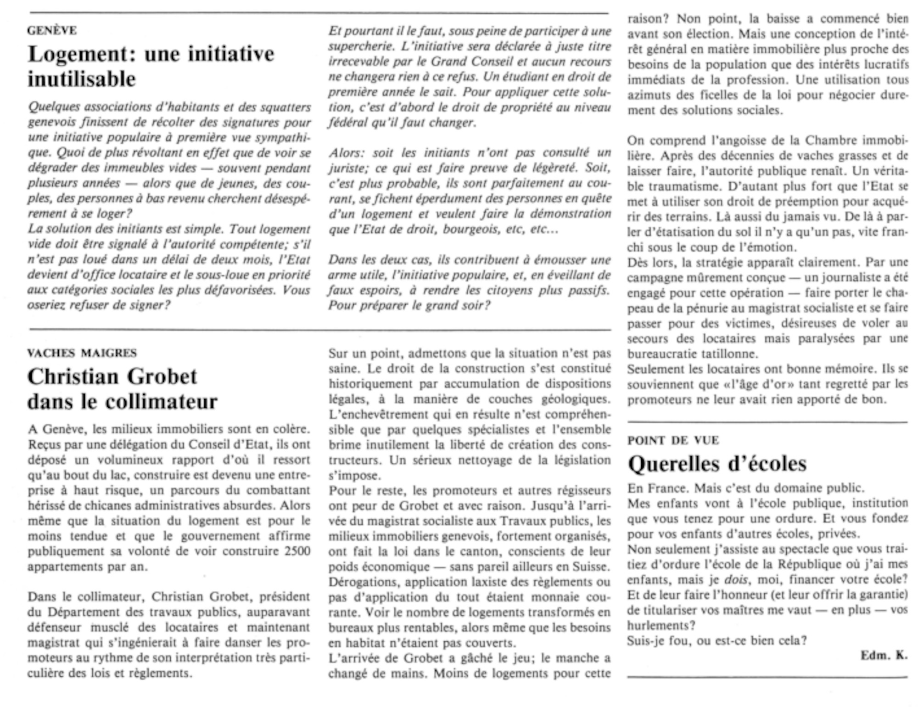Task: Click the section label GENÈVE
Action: coord(52,31)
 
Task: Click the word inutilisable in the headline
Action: coord(82,79)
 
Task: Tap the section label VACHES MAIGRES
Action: coord(82,353)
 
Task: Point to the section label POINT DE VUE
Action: coord(673,440)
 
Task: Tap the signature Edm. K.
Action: coord(884,655)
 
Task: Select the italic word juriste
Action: coord(347,168)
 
